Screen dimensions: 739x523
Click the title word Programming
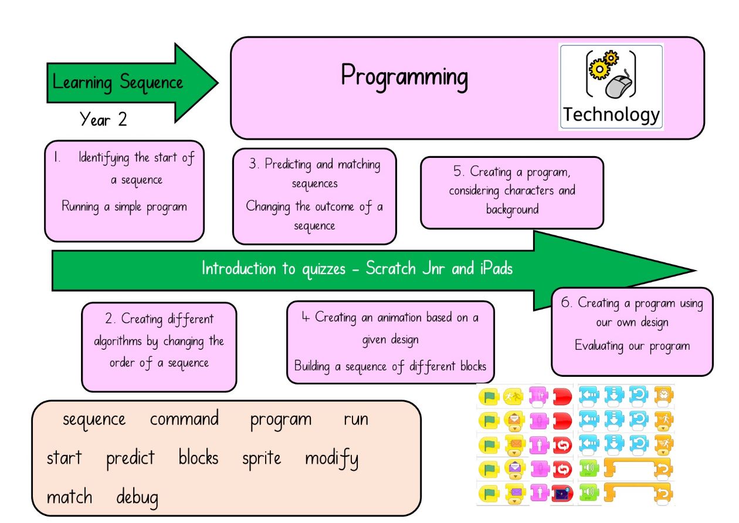[405, 77]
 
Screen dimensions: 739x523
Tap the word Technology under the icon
[611, 114]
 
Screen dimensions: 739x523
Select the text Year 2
[103, 119]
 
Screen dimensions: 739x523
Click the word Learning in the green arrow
[82, 82]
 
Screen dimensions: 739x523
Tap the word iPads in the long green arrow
[496, 268]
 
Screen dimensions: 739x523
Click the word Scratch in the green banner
[391, 268]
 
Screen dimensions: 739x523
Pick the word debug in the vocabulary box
[137, 498]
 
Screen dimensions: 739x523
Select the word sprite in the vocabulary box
[262, 459]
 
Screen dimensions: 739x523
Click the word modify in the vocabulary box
[331, 459]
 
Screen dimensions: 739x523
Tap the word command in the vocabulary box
[184, 419]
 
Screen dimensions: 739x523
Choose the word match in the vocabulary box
[69, 497]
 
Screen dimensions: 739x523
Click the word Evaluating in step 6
[599, 346]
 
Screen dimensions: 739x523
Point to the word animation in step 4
[399, 318]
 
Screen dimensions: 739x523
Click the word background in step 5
[513, 210]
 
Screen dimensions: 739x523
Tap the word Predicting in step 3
[288, 164]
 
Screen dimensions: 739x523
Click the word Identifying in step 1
[104, 158]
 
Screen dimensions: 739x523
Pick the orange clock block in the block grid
[664, 395]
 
